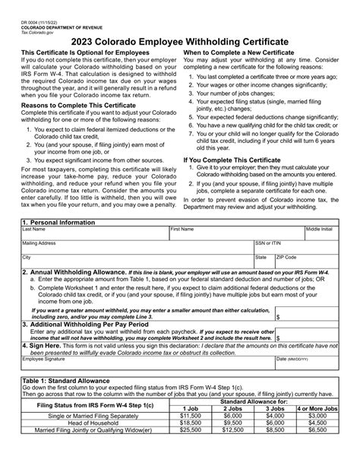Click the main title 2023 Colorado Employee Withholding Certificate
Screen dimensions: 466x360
[x=179, y=39]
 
